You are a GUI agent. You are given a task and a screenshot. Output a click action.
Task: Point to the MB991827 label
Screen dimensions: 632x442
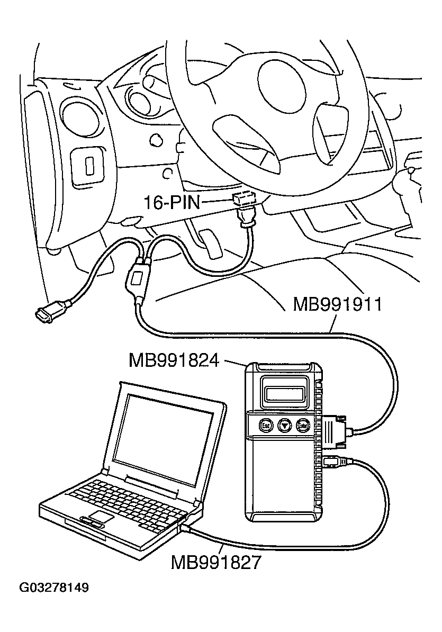215,562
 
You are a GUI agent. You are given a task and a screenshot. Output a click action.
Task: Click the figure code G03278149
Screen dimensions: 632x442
54,588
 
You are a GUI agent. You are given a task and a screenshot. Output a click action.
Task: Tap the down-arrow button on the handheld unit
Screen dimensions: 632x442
285,425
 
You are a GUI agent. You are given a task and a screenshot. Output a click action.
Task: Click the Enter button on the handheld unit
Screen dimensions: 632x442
303,425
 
